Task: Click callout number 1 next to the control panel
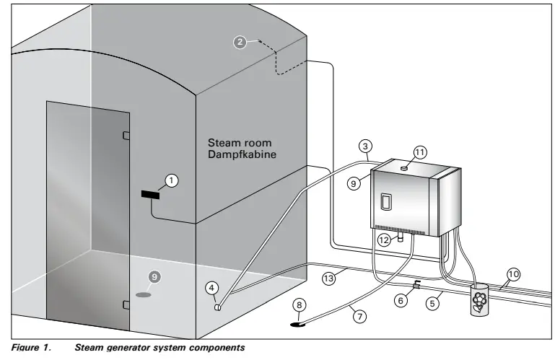[171, 179]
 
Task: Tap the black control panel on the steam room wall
[150, 194]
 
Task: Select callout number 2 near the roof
[240, 41]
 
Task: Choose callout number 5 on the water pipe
[432, 304]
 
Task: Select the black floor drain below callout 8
[297, 324]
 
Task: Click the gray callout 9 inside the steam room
[152, 276]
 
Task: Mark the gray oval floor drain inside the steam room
[144, 295]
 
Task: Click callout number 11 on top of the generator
[420, 152]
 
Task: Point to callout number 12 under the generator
[385, 239]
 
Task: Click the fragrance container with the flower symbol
[477, 300]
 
